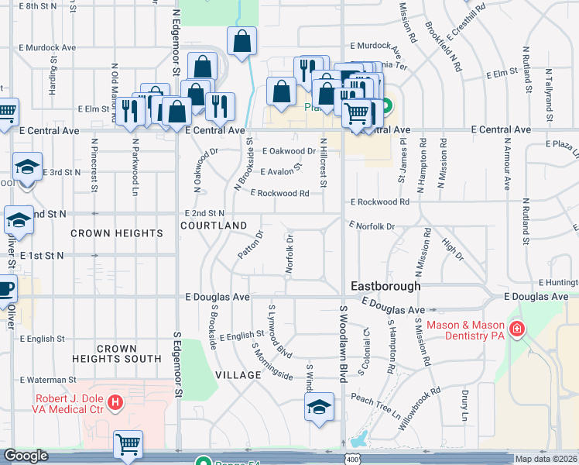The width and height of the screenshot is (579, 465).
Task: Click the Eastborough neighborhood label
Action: click(385, 286)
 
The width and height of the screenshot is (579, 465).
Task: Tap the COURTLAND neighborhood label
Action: click(214, 226)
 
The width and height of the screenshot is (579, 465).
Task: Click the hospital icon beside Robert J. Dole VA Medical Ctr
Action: click(115, 402)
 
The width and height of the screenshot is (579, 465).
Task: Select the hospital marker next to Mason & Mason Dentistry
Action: click(516, 329)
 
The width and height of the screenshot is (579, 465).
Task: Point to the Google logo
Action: click(26, 456)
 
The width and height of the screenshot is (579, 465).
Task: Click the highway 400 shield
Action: click(353, 460)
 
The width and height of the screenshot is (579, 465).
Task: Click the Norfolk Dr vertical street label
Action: click(289, 255)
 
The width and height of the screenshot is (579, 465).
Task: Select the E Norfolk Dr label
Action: click(372, 226)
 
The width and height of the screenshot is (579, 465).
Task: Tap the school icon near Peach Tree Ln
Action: click(319, 406)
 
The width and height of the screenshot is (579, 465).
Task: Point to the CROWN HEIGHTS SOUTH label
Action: click(116, 353)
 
